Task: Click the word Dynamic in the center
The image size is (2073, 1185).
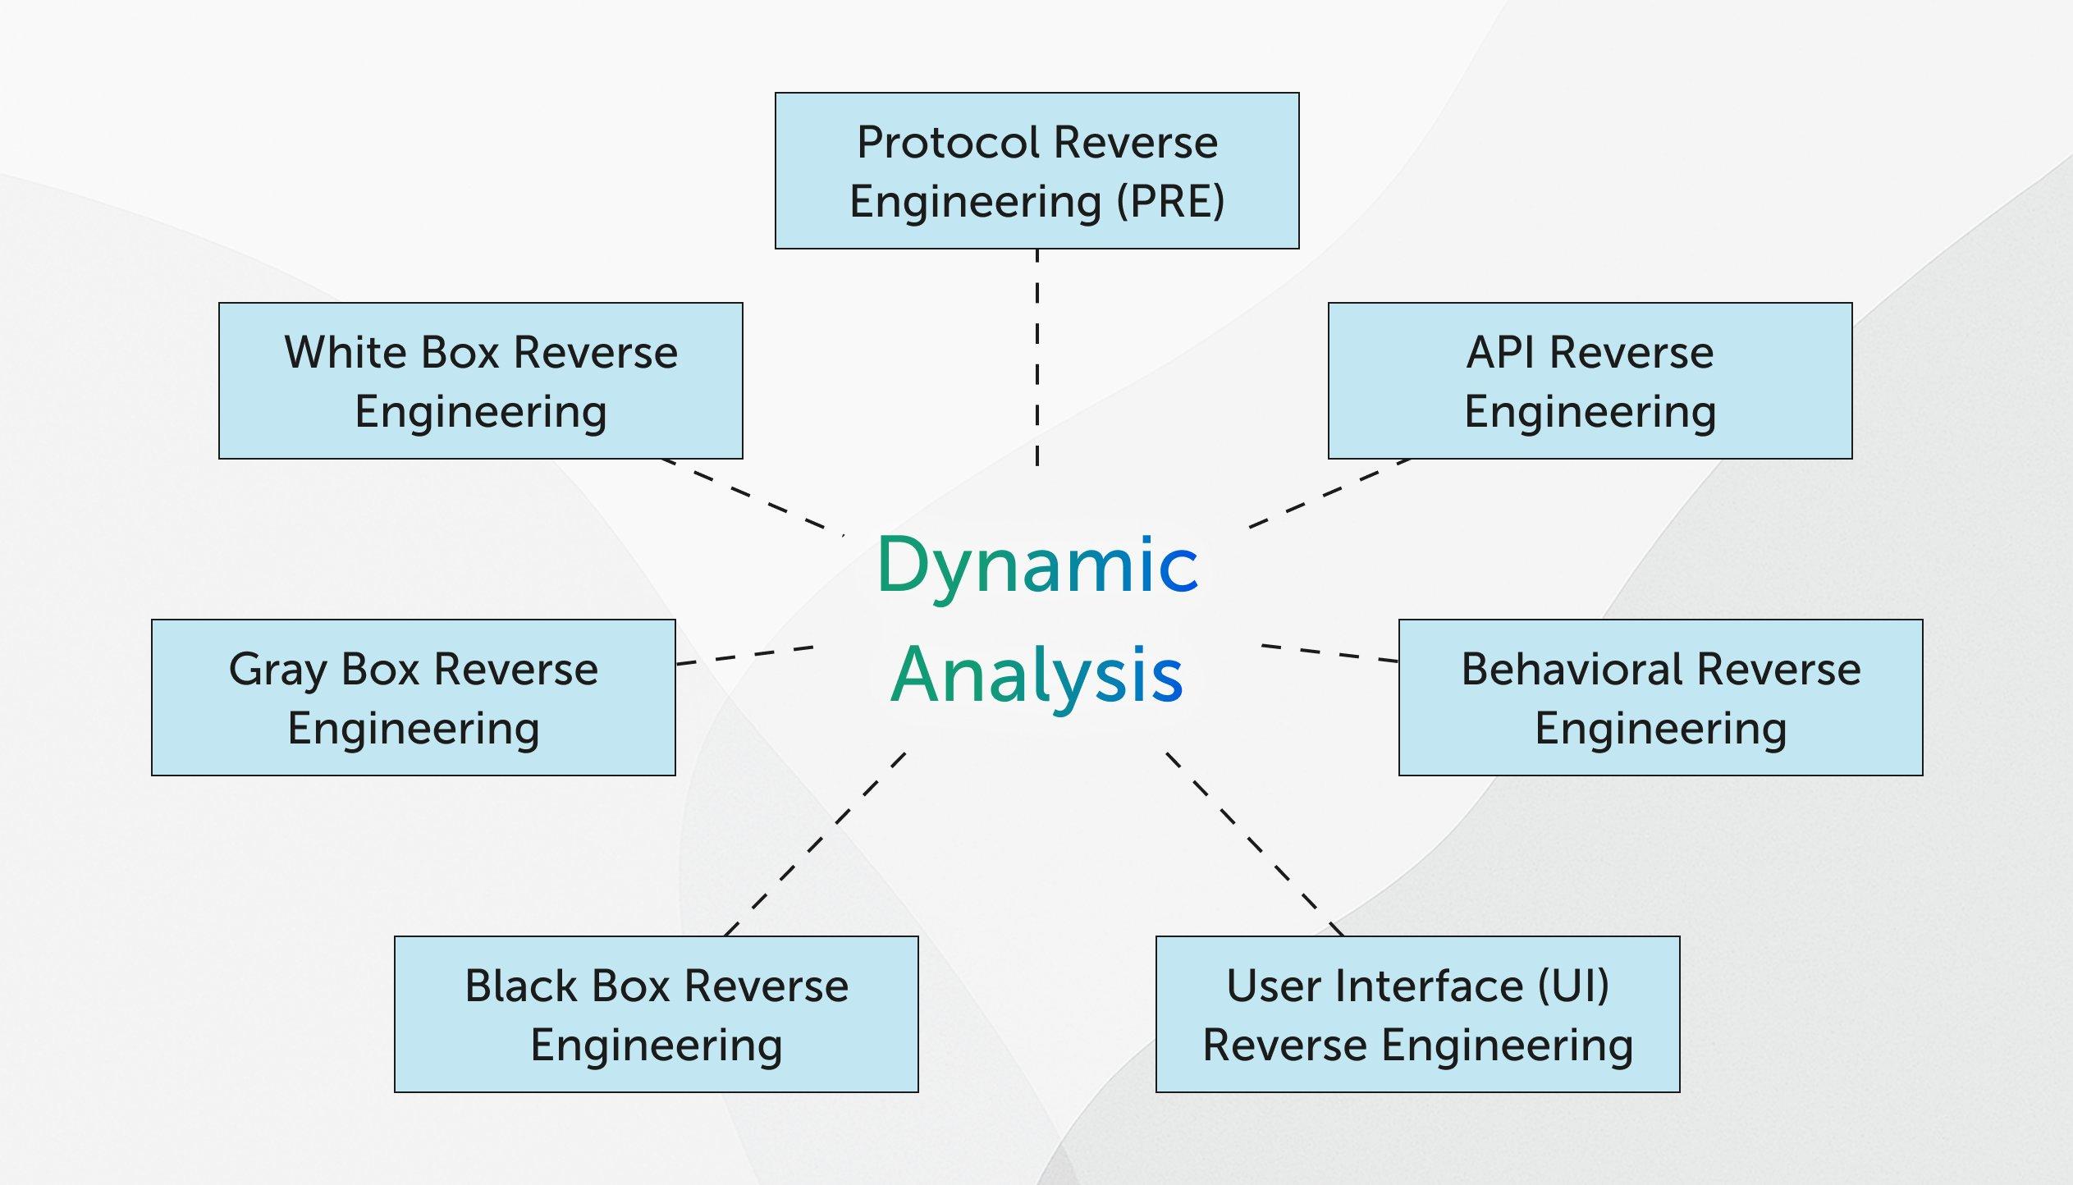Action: (1037, 565)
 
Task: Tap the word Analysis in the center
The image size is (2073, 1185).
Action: (1037, 675)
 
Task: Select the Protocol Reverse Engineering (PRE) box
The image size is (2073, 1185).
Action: (1036, 171)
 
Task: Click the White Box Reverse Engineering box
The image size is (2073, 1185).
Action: (480, 381)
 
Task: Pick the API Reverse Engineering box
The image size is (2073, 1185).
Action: (1590, 381)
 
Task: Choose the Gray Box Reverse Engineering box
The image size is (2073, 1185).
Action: (413, 698)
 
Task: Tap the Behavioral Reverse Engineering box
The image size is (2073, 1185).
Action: (1660, 698)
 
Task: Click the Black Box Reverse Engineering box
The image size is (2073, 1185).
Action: (656, 1014)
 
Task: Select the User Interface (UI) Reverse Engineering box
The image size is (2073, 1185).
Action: (1417, 1014)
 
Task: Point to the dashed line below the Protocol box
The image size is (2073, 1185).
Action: (1037, 357)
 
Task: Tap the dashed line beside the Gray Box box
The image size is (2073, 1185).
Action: (744, 656)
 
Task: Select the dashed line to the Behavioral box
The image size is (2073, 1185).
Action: (1329, 653)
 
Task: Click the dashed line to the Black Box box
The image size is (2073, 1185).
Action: (815, 844)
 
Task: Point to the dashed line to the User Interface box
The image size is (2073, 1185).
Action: (1255, 844)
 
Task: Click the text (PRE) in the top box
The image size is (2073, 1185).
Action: (1171, 202)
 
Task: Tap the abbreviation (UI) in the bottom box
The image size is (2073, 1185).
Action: (1572, 986)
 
